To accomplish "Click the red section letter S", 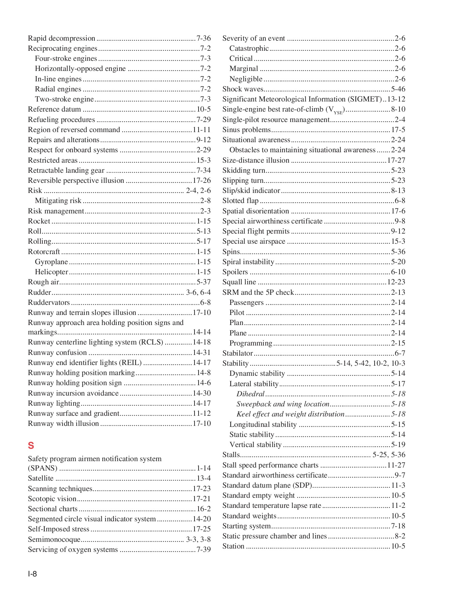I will (31, 446).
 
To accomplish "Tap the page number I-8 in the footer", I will (32, 574).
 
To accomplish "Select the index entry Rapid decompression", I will (61, 38).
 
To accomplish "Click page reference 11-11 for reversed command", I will (202, 130).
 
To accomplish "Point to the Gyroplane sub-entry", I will (51, 262).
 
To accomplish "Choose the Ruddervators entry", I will (49, 302).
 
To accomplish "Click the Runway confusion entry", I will (57, 353).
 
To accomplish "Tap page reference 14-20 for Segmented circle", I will (202, 519).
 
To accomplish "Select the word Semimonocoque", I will (54, 539).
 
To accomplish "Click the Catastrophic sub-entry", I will (249, 48).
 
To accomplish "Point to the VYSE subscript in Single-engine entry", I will (337, 112).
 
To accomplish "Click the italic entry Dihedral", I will (250, 394).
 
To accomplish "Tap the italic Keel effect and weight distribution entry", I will (290, 414).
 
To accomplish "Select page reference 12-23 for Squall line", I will (396, 282).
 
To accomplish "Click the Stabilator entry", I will (238, 353).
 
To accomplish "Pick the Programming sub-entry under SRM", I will (251, 343).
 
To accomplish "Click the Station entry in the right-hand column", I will (233, 546).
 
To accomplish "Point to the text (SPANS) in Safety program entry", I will (42, 468).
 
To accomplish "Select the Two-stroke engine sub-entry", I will (64, 99).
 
